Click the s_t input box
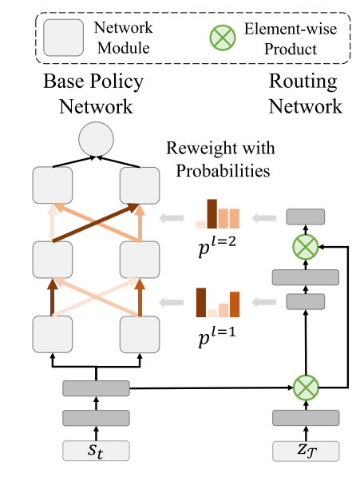tap(96, 451)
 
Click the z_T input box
tap(306, 451)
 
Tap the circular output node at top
tap(96, 142)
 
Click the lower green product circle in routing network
tap(306, 388)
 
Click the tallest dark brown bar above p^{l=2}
tap(212, 213)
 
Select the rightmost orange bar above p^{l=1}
tap(235, 303)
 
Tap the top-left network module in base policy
tap(53, 185)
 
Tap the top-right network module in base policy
tap(140, 185)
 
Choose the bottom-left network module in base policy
tap(53, 334)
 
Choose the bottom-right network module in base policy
tap(140, 334)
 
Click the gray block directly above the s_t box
tap(96, 417)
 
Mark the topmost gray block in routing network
tap(306, 217)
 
